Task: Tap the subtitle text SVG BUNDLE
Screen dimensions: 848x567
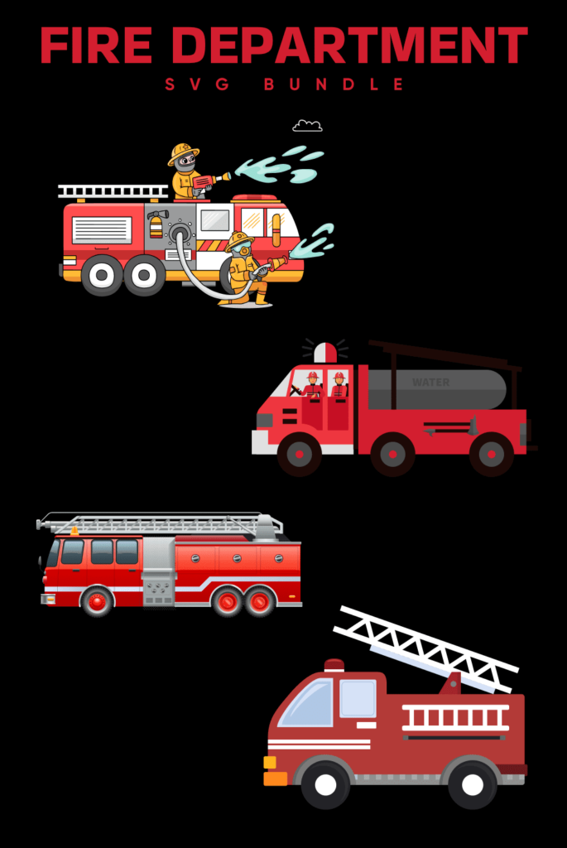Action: (284, 84)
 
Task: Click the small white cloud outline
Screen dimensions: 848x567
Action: (307, 126)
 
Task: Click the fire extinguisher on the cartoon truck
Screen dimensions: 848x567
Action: (156, 224)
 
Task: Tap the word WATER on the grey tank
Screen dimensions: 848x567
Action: (430, 383)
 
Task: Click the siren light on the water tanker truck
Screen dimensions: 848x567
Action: (325, 352)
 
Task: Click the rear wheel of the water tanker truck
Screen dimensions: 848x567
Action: (491, 454)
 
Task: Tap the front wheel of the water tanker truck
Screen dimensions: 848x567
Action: (299, 454)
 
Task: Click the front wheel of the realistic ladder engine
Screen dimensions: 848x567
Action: (98, 600)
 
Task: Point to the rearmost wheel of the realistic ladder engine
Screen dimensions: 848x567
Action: (260, 600)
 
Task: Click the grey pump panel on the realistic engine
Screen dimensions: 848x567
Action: (158, 571)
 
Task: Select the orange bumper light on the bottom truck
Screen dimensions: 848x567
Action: (275, 778)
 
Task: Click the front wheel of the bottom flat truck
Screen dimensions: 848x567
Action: (325, 783)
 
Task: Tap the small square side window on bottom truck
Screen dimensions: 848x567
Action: (358, 698)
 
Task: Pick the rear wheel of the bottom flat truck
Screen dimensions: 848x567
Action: (472, 783)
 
